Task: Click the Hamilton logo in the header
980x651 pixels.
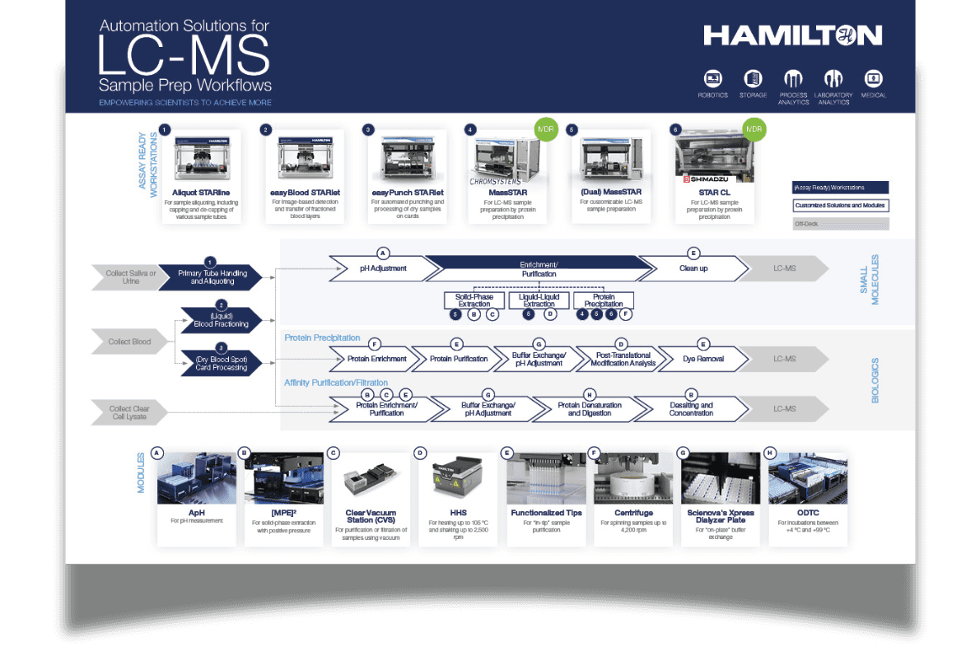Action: [792, 35]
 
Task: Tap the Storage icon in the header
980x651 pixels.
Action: [753, 79]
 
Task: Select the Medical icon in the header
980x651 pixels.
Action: [873, 79]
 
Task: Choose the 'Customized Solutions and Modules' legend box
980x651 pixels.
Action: [840, 205]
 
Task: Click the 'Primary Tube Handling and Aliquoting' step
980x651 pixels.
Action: [208, 277]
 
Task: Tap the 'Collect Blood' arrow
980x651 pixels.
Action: [131, 342]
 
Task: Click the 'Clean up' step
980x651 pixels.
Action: [693, 268]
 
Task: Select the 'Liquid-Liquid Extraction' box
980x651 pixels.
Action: [539, 300]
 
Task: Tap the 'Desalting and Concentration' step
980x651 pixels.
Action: [691, 409]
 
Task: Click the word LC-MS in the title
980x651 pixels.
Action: [183, 56]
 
